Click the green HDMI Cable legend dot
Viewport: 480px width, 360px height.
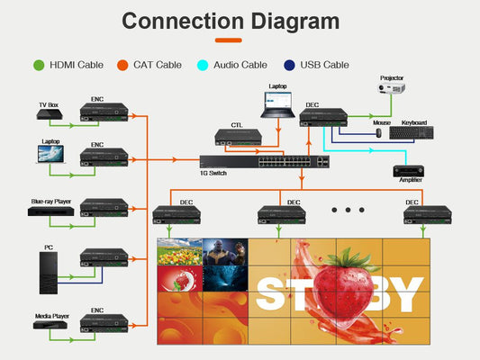(39, 65)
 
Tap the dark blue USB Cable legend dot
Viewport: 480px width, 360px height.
(289, 65)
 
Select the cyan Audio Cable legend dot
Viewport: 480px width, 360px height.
(203, 65)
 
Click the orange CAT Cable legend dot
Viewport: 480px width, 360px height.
(122, 65)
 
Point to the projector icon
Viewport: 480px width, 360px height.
(392, 88)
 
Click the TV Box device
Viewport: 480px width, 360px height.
(50, 114)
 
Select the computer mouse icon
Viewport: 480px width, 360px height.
(379, 132)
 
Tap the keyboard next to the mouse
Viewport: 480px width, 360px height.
(412, 132)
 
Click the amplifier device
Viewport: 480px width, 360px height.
(408, 171)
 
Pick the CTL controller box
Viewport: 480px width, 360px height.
(238, 137)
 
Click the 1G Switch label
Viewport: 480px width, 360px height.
(213, 173)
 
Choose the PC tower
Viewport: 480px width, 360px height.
(49, 273)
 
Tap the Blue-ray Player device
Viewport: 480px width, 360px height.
(50, 211)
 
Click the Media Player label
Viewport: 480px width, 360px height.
(52, 316)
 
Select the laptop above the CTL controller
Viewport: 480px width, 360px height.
(277, 104)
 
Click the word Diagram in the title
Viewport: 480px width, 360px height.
(295, 22)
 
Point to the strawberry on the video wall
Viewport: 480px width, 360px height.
(343, 286)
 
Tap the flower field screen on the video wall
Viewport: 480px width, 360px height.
(180, 252)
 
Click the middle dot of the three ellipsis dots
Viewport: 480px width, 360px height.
(348, 210)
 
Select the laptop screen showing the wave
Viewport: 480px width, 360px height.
(50, 154)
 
